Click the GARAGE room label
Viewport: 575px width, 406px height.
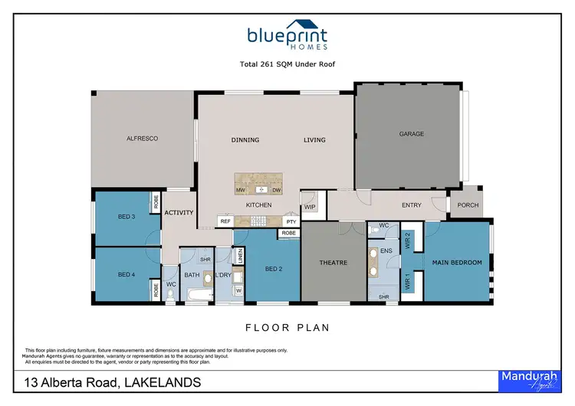click(x=411, y=134)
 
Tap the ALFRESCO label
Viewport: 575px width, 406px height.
click(x=142, y=139)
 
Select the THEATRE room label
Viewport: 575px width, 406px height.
click(x=333, y=263)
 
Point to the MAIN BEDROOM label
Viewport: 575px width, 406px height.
click(x=458, y=263)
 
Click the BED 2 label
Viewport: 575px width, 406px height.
click(x=274, y=269)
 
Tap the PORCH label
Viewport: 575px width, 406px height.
click(x=468, y=205)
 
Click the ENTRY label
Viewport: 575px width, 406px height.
click(x=412, y=205)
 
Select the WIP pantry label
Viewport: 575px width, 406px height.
click(x=310, y=207)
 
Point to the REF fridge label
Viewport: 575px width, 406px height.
click(x=225, y=221)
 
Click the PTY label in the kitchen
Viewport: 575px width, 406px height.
click(x=291, y=221)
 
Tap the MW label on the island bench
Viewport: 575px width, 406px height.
click(x=240, y=189)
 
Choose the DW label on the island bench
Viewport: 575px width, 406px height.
click(x=276, y=189)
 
